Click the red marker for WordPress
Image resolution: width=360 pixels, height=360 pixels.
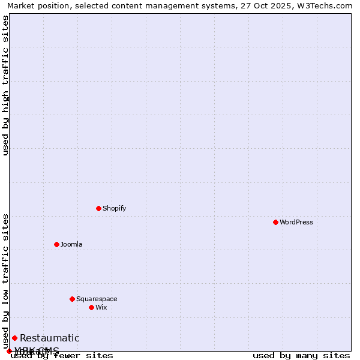coord(275,222)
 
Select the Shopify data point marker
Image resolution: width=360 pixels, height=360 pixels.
coord(98,208)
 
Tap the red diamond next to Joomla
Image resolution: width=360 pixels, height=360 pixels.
coord(56,244)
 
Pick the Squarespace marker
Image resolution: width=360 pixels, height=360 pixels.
coord(72,299)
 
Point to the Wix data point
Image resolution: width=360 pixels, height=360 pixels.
coord(91,307)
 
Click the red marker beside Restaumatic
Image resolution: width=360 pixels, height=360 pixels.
coord(14,338)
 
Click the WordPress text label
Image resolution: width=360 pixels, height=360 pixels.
coord(296,222)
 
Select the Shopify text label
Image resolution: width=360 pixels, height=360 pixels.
coord(114,208)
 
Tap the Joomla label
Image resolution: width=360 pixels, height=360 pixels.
coord(71,244)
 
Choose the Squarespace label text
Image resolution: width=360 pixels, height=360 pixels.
coord(97,299)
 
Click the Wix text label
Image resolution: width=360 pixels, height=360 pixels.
coord(101,307)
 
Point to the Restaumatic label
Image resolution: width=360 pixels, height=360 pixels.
coord(49,338)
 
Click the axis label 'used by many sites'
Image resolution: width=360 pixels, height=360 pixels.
coord(301,355)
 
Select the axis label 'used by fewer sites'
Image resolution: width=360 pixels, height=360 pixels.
coord(62,355)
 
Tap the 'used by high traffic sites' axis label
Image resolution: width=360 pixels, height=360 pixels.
coord(5,85)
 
